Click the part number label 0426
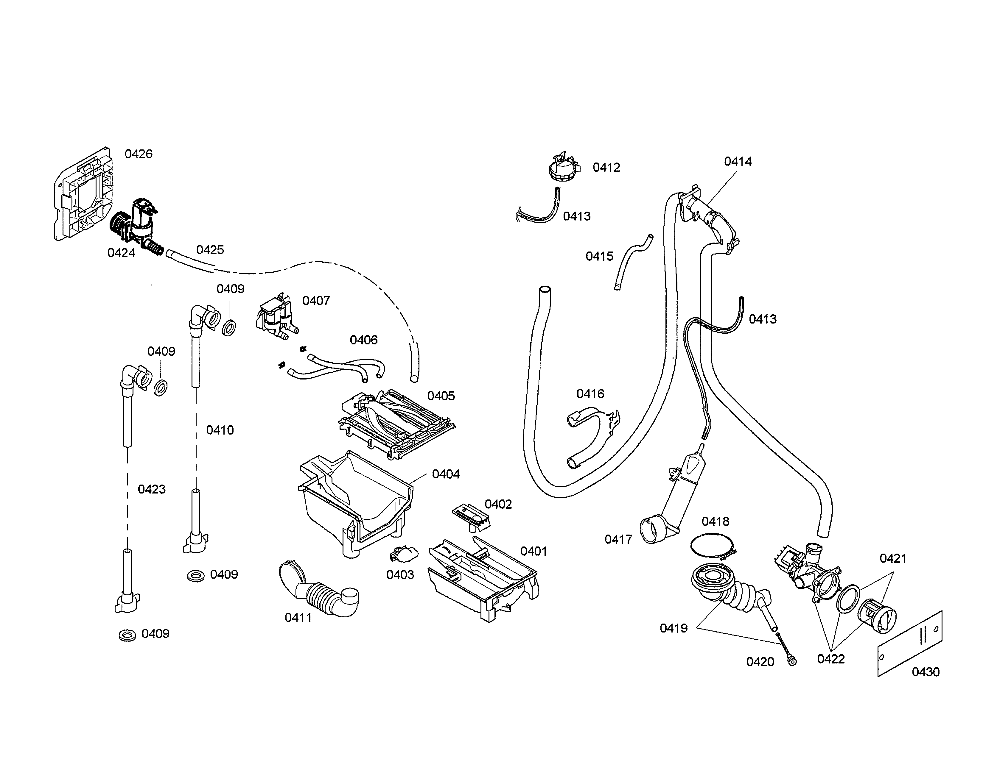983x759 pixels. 138,154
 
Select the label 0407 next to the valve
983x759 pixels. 316,301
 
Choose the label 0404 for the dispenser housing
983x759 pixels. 446,474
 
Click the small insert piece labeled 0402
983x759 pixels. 471,515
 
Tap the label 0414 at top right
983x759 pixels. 738,161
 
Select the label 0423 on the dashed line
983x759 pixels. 151,489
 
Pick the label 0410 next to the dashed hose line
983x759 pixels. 220,430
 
